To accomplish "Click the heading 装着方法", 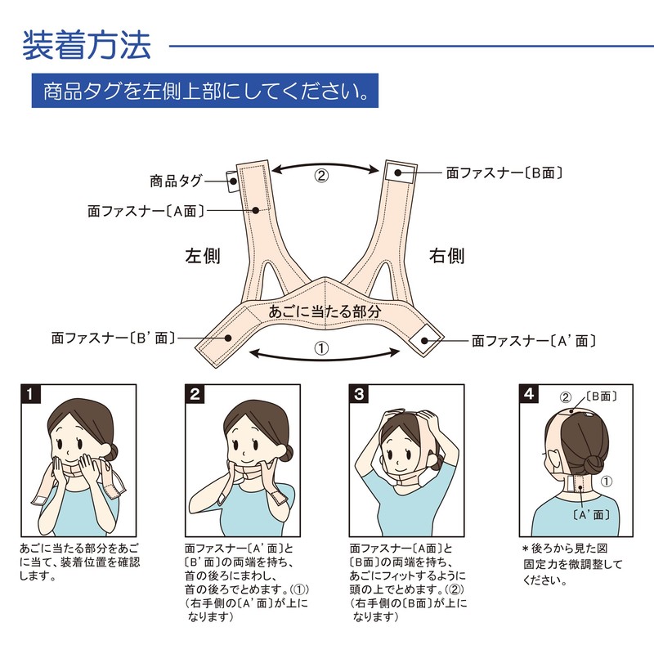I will [87, 46].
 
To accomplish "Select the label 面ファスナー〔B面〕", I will [504, 172].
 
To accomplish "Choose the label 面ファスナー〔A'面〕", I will [533, 340].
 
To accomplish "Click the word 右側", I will [447, 256].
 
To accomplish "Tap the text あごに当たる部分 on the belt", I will [326, 313].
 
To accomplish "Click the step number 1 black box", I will [30, 394].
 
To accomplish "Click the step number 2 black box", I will [195, 394].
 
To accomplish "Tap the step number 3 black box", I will [359, 394].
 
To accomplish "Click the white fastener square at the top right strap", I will [398, 172].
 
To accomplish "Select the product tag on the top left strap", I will [232, 179].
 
